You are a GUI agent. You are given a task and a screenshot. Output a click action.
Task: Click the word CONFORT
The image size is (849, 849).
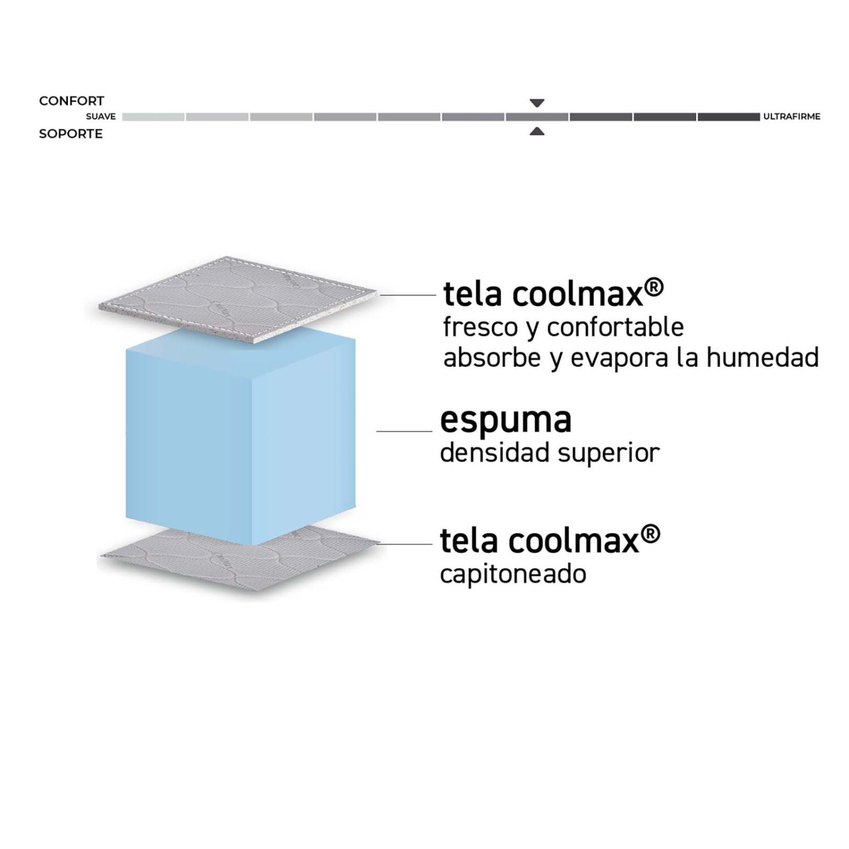coord(72,101)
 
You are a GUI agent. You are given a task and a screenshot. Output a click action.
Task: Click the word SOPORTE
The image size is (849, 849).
coord(71,134)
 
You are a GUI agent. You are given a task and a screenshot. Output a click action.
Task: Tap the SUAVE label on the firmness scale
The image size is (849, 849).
coord(101,117)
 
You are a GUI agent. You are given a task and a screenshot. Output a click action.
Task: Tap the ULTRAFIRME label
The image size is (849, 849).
coord(792,117)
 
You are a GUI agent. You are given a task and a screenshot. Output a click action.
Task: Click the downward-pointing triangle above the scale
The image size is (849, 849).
coord(537,103)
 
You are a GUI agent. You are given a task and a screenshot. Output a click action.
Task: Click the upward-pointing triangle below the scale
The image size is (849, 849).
coord(537,131)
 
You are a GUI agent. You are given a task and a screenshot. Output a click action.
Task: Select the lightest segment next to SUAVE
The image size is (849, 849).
coord(153,117)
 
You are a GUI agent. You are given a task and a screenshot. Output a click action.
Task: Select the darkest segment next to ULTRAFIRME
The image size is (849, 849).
coord(729,117)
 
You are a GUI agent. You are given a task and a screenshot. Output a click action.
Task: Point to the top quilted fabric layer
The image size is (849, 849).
coord(238,299)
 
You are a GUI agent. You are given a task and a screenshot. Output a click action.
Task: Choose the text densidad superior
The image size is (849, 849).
coord(550,453)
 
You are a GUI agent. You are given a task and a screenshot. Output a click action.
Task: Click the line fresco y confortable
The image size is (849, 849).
coord(564,328)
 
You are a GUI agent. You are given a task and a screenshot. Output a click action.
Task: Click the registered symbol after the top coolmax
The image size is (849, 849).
coord(654,288)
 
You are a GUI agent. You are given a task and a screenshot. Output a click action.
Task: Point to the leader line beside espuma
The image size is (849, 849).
coord(404,431)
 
